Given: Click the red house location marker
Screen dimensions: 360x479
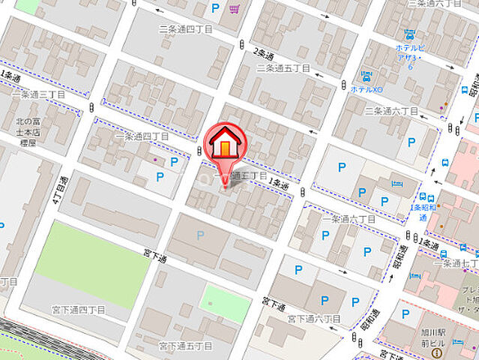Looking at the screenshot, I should pyautogui.click(x=223, y=143).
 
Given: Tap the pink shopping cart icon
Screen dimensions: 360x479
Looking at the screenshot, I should pyautogui.click(x=235, y=9).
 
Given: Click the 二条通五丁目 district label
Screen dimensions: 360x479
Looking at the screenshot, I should pyautogui.click(x=284, y=67).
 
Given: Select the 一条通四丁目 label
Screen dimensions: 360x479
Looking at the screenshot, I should pyautogui.click(x=142, y=137).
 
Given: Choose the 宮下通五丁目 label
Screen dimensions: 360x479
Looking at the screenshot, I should pyautogui.click(x=185, y=346).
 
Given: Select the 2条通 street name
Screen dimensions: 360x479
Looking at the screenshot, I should pyautogui.click(x=264, y=54).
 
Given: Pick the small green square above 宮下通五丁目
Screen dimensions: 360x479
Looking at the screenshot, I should pyautogui.click(x=225, y=303).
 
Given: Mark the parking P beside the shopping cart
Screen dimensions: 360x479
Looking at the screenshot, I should pyautogui.click(x=216, y=9).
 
